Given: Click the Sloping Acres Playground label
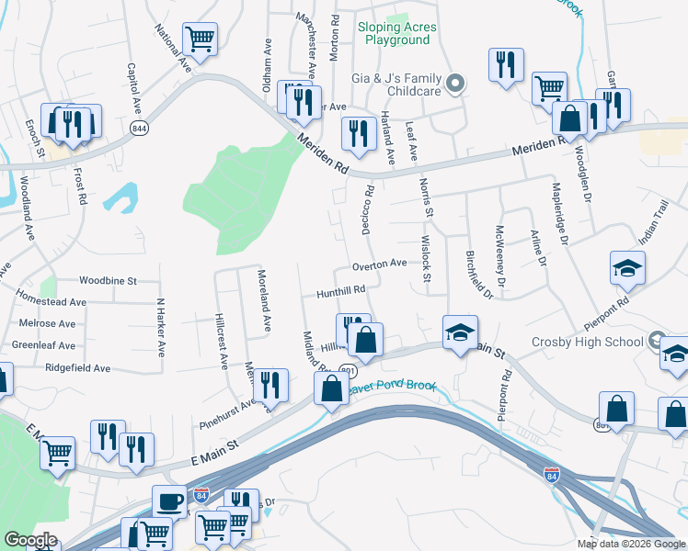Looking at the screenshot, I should [x=396, y=34].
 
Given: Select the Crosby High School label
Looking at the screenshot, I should [x=587, y=342].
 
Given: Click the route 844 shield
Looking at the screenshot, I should [x=139, y=127].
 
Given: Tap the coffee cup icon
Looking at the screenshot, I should [x=169, y=500].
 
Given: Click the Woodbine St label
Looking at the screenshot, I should [x=107, y=280].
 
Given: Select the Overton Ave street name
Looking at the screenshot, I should [x=379, y=264].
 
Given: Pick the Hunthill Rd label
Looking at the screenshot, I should [x=341, y=290].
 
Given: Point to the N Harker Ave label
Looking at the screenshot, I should [x=160, y=327].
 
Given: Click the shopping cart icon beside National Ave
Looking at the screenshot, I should [x=200, y=39].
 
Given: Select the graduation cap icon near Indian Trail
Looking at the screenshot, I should [x=627, y=267].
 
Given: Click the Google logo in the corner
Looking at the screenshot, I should [x=30, y=540].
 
